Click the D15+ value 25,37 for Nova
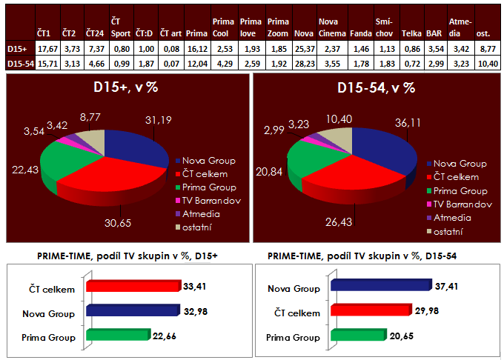[302, 50]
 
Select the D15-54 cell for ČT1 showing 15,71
[44, 64]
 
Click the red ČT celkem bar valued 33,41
[133, 286]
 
